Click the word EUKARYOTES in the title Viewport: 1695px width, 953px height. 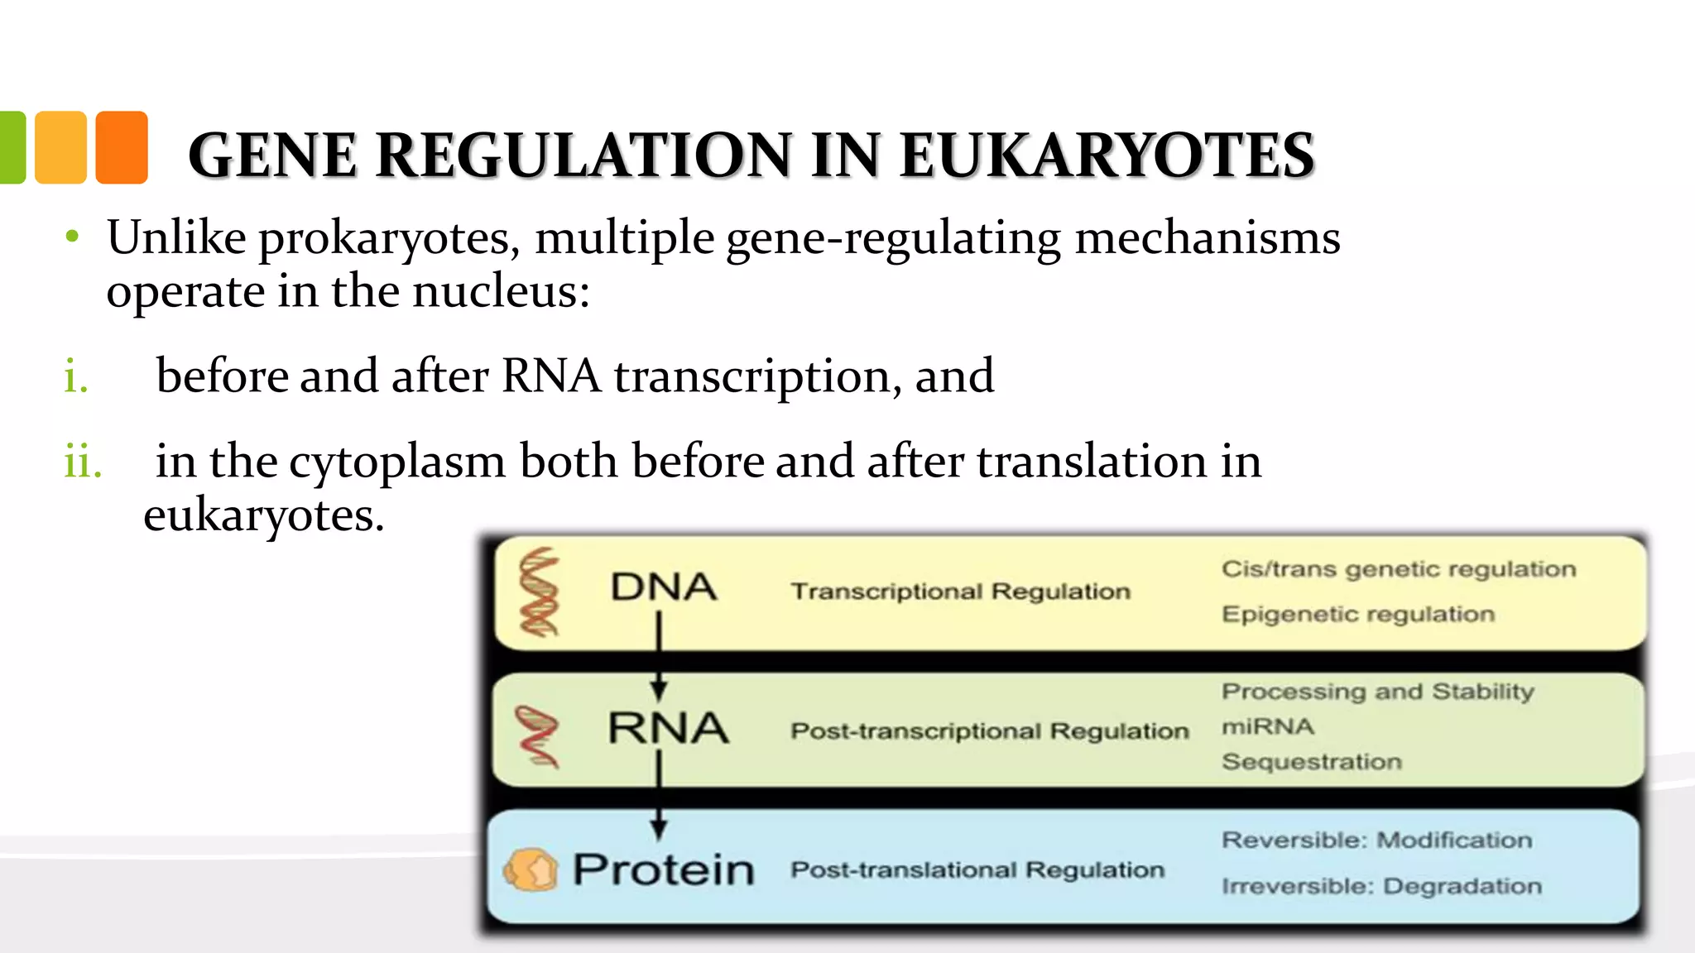pos(1107,156)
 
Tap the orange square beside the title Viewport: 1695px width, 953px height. pos(122,147)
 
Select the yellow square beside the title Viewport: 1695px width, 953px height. pos(61,147)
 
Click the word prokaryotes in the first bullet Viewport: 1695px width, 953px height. pos(389,239)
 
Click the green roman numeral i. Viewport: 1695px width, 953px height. pos(75,377)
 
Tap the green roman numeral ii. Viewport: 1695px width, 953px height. pos(83,462)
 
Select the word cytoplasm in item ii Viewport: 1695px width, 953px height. pos(397,462)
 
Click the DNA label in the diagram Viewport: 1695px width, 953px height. pos(663,587)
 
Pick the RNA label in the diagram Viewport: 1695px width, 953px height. pos(668,728)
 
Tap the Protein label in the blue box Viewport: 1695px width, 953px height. pos(664,869)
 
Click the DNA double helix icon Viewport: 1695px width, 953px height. pos(539,592)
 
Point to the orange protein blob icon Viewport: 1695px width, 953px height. pos(531,869)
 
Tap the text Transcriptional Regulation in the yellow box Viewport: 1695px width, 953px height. pos(960,591)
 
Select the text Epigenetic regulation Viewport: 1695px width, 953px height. pos(1357,614)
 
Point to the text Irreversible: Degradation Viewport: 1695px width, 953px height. pos(1381,886)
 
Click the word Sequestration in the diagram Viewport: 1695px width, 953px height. pos(1311,761)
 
